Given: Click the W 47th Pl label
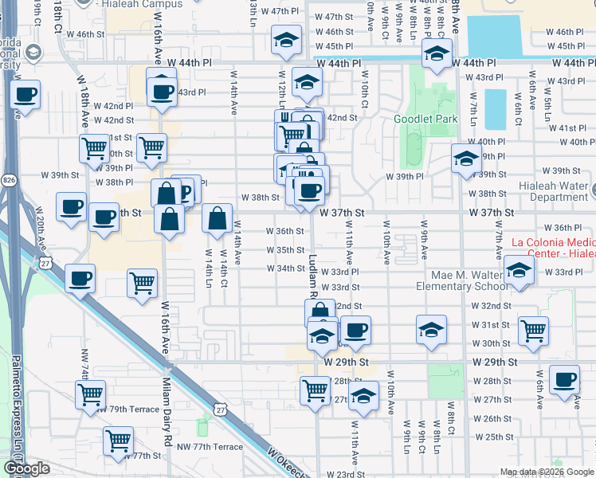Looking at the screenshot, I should [288, 12].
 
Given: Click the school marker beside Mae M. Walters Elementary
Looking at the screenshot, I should [519, 271].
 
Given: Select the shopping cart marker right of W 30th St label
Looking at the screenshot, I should [533, 329].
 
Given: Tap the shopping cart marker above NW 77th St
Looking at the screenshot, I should [119, 440].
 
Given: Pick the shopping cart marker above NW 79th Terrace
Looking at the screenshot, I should [91, 394].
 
